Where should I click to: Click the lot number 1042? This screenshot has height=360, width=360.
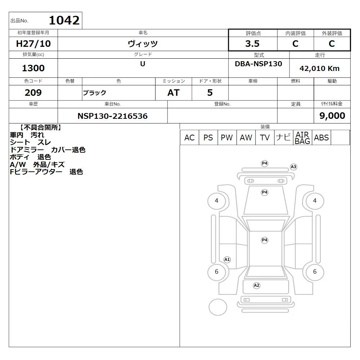[64, 20]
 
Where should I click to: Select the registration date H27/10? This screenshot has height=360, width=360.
[33, 44]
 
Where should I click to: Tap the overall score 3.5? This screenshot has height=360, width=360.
[252, 44]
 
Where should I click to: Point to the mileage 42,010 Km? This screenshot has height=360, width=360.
[319, 68]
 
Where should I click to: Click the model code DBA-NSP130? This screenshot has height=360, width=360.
[258, 64]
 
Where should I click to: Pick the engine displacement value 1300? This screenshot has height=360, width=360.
[33, 68]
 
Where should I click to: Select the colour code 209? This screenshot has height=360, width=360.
[33, 93]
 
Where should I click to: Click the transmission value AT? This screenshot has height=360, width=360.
[174, 93]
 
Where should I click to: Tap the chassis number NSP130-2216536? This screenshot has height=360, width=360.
[112, 116]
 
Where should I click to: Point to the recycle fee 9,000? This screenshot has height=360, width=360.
[332, 116]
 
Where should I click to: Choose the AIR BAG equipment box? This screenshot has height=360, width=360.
[302, 138]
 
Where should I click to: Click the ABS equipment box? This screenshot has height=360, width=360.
[321, 138]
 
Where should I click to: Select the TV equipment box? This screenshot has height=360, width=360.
[265, 138]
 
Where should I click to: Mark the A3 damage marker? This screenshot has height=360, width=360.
[293, 167]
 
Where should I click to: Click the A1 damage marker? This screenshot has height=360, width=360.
[227, 260]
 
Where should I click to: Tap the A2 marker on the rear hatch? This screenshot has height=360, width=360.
[256, 285]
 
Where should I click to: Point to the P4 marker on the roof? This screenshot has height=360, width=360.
[265, 240]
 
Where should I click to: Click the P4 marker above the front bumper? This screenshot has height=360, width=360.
[265, 163]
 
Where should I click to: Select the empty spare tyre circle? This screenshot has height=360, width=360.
[218, 307]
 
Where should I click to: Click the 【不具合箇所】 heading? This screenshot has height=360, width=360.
[40, 128]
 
